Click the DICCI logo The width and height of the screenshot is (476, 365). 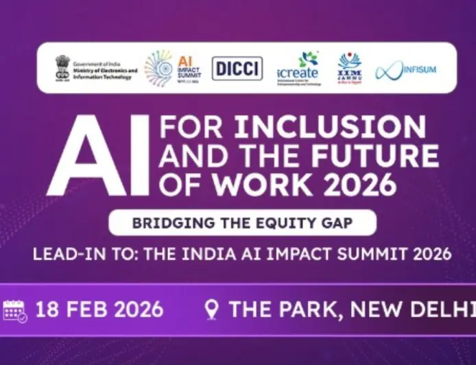(x=237, y=68)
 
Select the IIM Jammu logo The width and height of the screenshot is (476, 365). (x=350, y=69)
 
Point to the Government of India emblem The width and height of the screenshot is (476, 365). (x=63, y=68)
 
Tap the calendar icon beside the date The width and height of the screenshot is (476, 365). (x=15, y=310)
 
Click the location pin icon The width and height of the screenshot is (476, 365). (x=212, y=309)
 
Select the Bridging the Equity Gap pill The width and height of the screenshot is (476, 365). (x=242, y=223)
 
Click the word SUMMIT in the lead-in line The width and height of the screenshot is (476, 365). (x=363, y=254)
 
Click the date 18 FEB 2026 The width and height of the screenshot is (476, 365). (x=99, y=309)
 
